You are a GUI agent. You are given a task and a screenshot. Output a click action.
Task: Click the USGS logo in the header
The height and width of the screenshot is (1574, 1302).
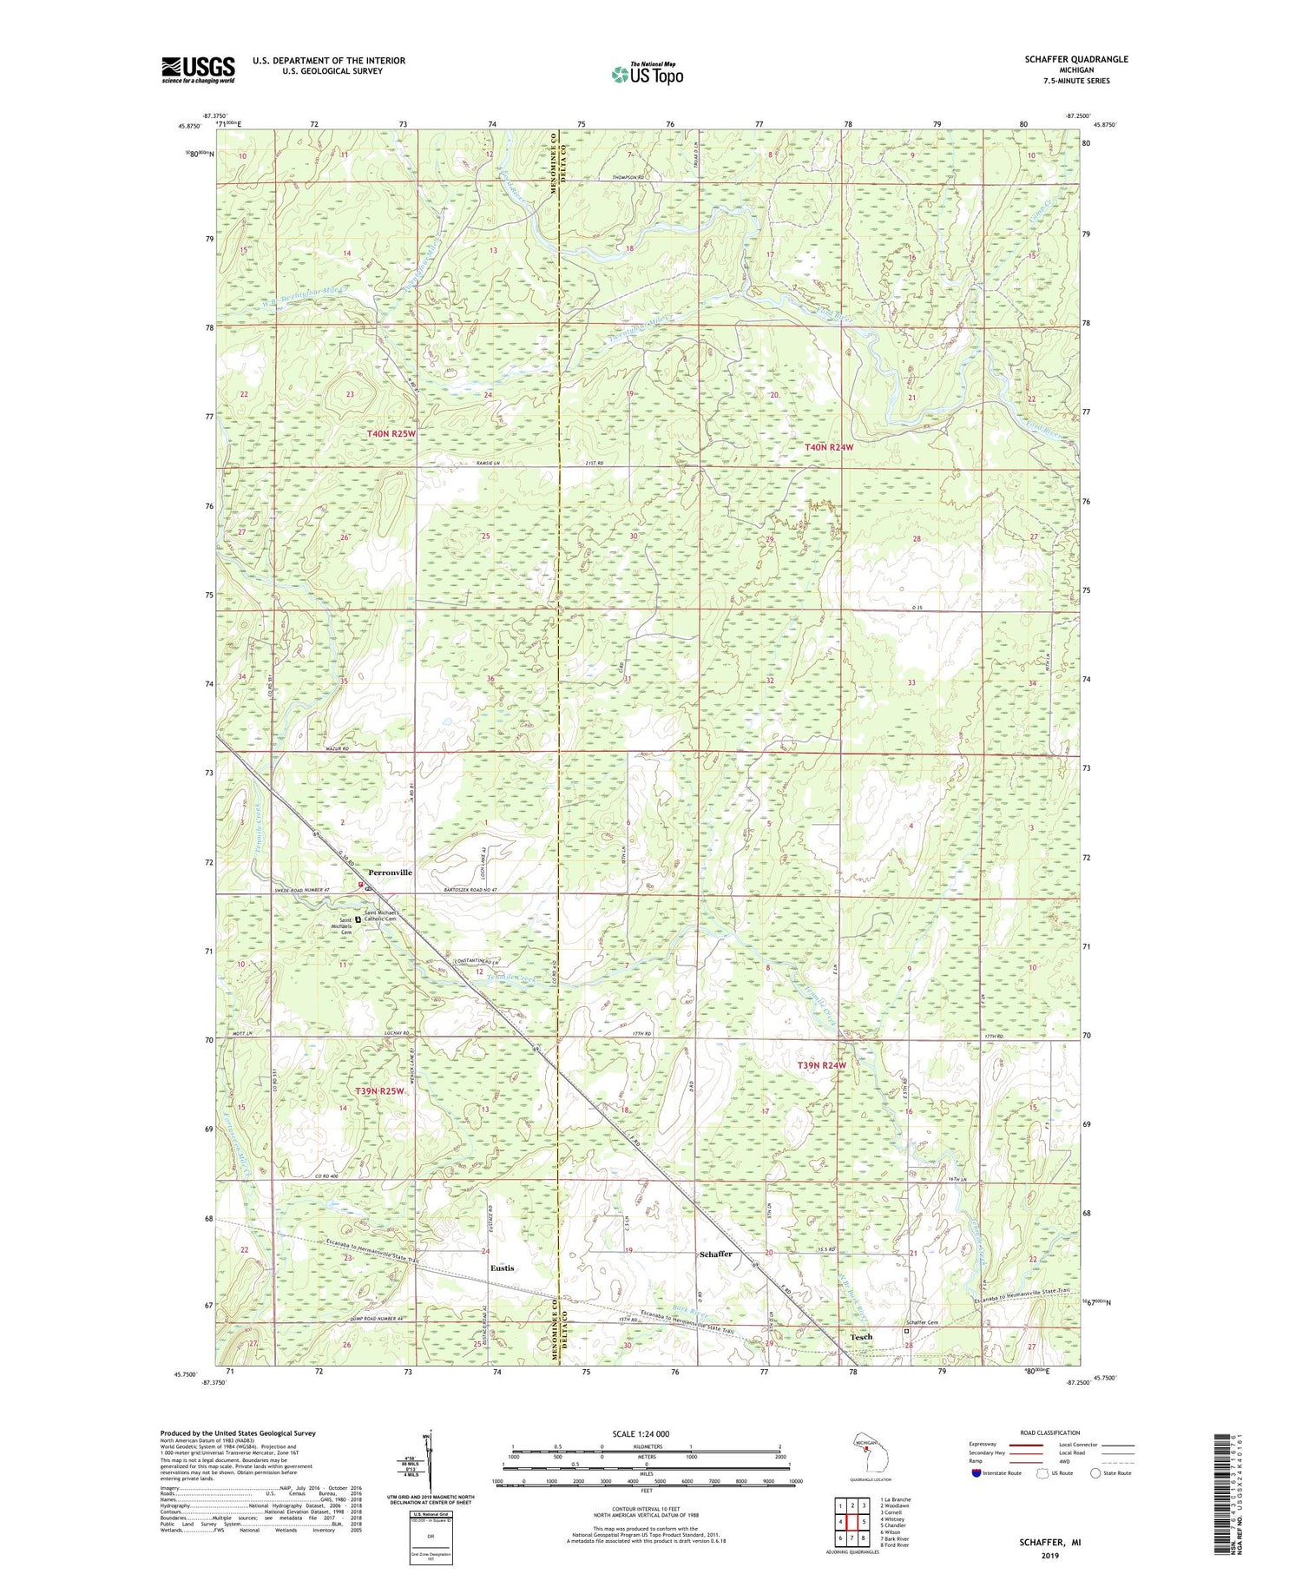[x=198, y=69]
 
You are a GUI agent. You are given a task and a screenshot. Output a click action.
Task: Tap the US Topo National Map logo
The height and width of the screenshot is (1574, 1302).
[x=647, y=74]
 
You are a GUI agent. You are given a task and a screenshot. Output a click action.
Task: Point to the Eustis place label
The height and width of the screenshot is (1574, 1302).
[x=502, y=1268]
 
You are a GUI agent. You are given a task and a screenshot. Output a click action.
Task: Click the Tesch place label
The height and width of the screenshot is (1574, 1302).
[x=860, y=1336]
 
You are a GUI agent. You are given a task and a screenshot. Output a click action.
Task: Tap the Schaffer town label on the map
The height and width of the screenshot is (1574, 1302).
[x=715, y=1254]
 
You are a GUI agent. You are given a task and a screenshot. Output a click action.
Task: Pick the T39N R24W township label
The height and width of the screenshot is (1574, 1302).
[x=820, y=1065]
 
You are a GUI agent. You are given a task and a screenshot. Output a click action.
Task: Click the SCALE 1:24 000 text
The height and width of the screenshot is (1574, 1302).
[x=646, y=1433]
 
